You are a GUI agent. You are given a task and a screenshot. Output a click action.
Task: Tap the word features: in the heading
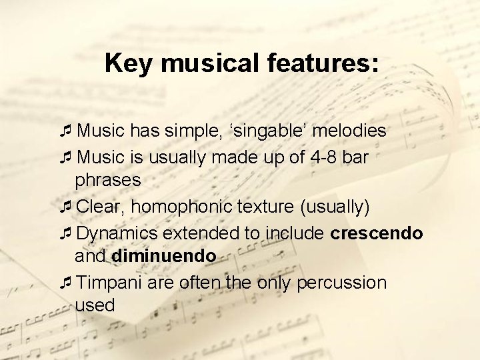tap(331, 64)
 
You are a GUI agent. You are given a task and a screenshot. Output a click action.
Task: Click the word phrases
tap(108, 180)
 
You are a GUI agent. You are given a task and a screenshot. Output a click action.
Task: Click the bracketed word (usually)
tap(335, 207)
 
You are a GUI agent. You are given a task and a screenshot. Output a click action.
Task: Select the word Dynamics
tap(117, 233)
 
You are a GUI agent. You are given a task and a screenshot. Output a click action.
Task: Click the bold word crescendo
tap(376, 233)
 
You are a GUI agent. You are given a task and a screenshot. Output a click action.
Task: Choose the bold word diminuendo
tap(164, 255)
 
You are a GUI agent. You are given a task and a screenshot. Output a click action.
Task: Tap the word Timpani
tap(109, 283)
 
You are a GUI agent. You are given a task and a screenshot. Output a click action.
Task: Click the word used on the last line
tap(95, 305)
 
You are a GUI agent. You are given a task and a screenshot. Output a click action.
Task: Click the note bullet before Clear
tap(65, 207)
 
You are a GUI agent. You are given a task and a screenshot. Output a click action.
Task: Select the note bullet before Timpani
tap(65, 283)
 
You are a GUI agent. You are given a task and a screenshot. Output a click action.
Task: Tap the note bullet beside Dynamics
tap(65, 233)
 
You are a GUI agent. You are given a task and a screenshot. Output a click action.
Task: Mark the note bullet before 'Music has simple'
tap(65, 131)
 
